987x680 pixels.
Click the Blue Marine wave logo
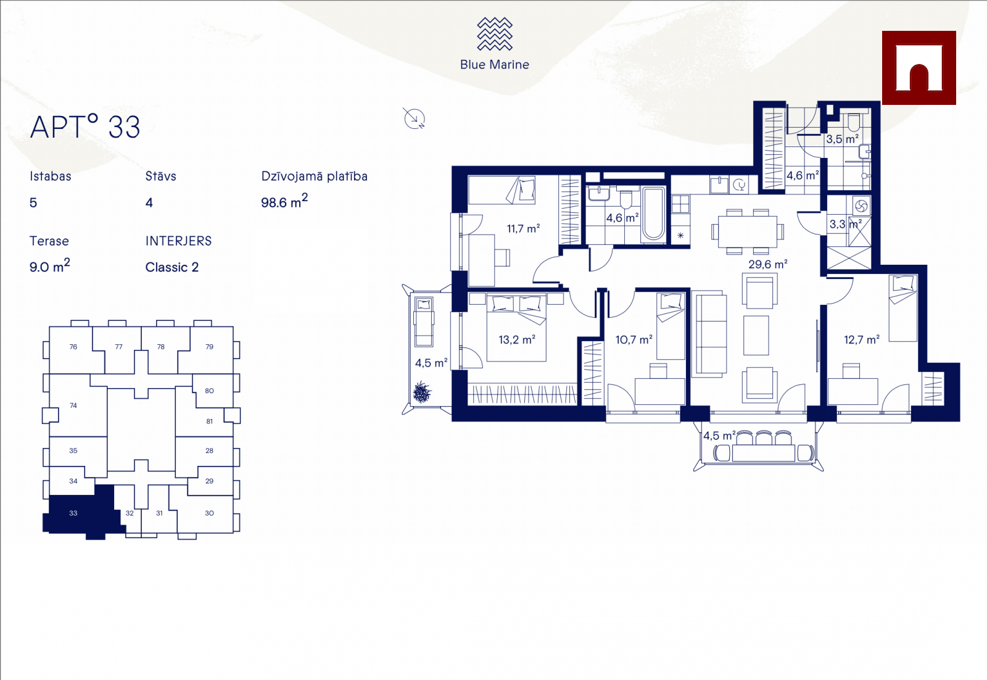(x=494, y=34)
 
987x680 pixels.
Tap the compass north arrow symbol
(x=414, y=118)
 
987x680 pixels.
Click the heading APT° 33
(x=85, y=127)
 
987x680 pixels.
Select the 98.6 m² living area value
(x=284, y=201)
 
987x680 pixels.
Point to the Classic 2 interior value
(x=172, y=267)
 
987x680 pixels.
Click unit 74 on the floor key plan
(x=73, y=405)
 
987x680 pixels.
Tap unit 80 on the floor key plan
(x=209, y=391)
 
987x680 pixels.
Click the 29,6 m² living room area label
(x=767, y=265)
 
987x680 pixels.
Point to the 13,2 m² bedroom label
(x=517, y=340)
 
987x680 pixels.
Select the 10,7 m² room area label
(x=634, y=340)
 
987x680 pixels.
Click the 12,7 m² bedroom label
(x=862, y=340)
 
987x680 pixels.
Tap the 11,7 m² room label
(x=523, y=229)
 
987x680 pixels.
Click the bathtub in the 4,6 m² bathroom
(x=653, y=215)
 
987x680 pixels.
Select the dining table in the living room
(x=747, y=232)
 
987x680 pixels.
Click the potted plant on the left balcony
(x=422, y=392)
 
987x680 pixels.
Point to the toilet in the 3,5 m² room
(x=854, y=122)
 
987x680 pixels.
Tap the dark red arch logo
(x=919, y=68)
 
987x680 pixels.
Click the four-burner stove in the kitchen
(x=680, y=204)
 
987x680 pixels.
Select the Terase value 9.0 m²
(x=49, y=266)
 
